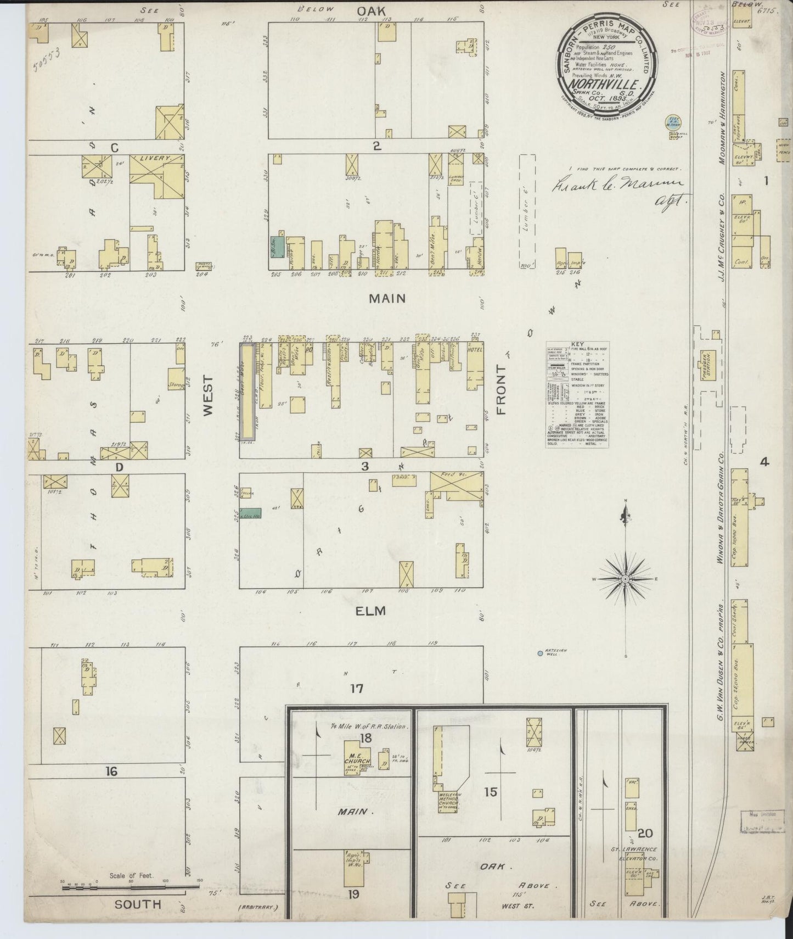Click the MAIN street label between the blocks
387,298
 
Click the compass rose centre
625,579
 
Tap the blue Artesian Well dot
541,653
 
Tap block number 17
357,688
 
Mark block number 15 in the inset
490,792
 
